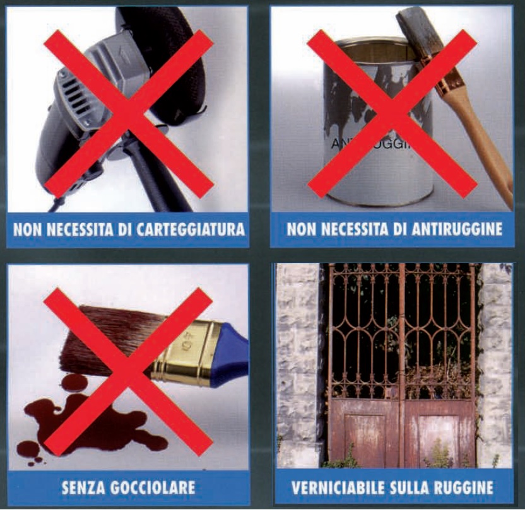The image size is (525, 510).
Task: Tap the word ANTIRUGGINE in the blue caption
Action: pos(457,229)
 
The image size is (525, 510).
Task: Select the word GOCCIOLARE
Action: pos(152,487)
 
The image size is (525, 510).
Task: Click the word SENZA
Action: pos(84,487)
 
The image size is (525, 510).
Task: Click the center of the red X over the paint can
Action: pos(392,113)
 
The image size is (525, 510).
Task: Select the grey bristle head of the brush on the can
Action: pos(415,33)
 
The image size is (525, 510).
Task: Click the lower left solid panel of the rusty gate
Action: pos(365,435)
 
